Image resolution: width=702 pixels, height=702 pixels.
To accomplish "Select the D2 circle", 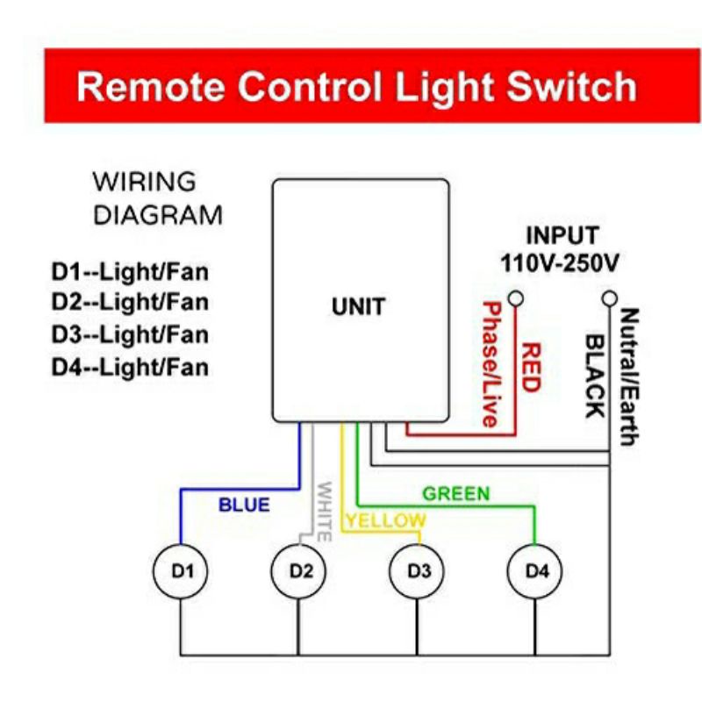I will (x=300, y=571).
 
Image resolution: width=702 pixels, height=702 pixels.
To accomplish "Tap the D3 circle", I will (x=419, y=571).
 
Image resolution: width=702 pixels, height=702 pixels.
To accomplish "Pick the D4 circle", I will (x=537, y=571).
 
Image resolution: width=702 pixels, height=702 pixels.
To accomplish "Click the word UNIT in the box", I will (x=358, y=307).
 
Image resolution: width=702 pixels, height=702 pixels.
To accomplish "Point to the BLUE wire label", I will (x=244, y=505).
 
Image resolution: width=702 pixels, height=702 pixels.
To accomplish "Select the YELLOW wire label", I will (x=384, y=520).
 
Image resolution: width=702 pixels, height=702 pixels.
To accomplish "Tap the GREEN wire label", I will (x=456, y=494).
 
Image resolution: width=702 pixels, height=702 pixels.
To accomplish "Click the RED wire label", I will (x=530, y=368).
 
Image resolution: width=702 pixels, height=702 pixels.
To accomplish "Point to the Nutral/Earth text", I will (x=628, y=377).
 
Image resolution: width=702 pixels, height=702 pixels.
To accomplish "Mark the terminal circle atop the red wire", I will (x=516, y=299).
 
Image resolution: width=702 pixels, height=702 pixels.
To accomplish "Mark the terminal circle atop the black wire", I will (x=609, y=299).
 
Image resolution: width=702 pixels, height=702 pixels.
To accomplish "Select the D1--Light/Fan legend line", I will (x=130, y=270).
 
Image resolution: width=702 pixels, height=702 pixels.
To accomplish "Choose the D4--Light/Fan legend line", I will (x=130, y=366).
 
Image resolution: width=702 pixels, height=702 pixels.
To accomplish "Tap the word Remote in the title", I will (x=149, y=87).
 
